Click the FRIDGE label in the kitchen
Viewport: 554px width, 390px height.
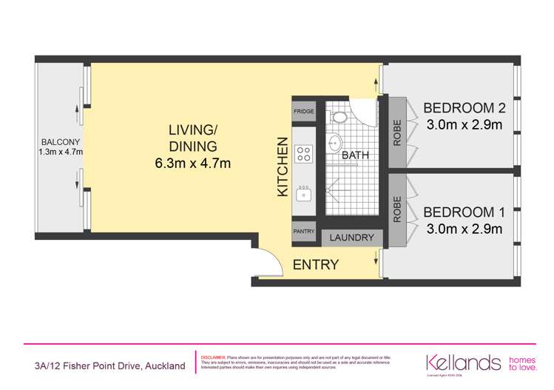(x=304, y=111)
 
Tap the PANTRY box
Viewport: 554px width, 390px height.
(x=304, y=232)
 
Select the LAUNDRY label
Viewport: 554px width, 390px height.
(x=352, y=238)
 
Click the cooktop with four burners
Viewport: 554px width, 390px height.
(x=304, y=154)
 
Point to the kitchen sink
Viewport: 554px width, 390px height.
(x=304, y=193)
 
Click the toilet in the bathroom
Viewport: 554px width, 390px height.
(x=340, y=116)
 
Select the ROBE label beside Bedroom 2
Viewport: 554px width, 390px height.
(x=397, y=132)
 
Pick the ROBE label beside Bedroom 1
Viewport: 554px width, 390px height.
(x=397, y=209)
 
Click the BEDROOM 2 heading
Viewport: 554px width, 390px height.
(x=464, y=108)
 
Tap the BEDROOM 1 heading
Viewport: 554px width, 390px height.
(x=464, y=212)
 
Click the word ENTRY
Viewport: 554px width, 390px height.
(x=316, y=264)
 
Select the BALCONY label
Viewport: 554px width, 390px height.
(x=61, y=141)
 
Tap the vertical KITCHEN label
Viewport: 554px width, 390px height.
(x=282, y=167)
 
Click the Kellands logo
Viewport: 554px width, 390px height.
(x=463, y=363)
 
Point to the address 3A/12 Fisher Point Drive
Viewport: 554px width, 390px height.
(x=109, y=366)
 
